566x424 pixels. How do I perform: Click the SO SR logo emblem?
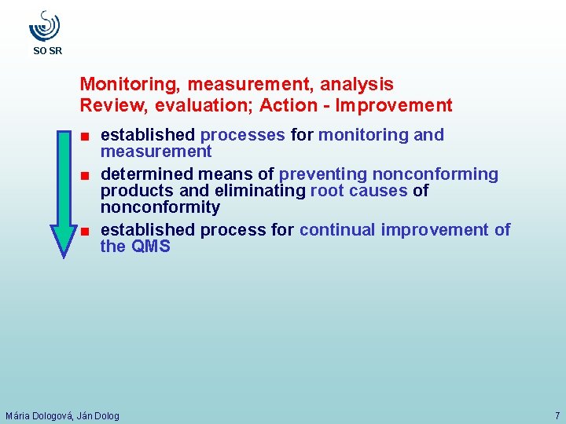(45, 26)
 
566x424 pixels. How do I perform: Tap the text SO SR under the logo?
(47, 51)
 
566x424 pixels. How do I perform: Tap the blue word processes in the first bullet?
(243, 135)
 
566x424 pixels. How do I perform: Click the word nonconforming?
(436, 174)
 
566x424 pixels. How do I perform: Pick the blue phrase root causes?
(359, 191)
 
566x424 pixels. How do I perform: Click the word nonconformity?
(160, 207)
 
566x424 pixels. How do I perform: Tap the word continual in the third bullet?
(337, 230)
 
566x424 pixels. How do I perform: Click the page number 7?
(557, 415)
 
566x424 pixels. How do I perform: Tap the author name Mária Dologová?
(39, 415)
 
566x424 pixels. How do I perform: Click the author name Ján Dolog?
(98, 415)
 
